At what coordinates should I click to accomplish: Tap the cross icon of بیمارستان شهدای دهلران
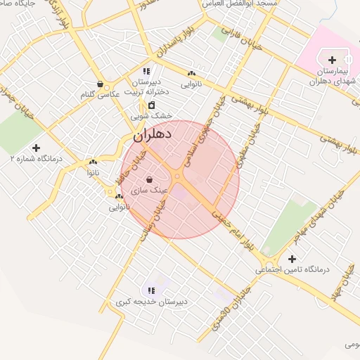point(332,60)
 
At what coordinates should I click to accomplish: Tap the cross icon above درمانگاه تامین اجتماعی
point(292,259)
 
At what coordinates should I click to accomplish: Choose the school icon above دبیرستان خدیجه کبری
point(150,290)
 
